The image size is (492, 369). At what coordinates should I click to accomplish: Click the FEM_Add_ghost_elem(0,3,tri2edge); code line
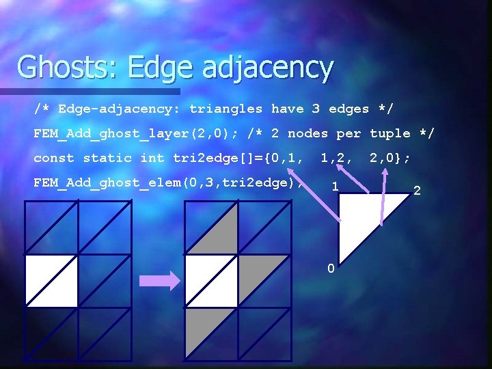(168, 182)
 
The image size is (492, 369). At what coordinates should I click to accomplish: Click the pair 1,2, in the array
(336, 158)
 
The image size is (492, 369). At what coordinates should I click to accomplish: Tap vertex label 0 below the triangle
(331, 269)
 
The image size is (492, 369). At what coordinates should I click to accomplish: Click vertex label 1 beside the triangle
(334, 186)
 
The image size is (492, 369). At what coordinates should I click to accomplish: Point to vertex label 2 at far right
(417, 190)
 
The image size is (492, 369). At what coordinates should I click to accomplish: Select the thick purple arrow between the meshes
(159, 281)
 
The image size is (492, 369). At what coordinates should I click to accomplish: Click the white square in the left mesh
(51, 281)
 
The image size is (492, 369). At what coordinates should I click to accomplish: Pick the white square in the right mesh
(212, 281)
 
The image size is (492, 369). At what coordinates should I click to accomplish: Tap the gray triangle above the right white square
(222, 236)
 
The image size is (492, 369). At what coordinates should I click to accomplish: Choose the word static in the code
(107, 158)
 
